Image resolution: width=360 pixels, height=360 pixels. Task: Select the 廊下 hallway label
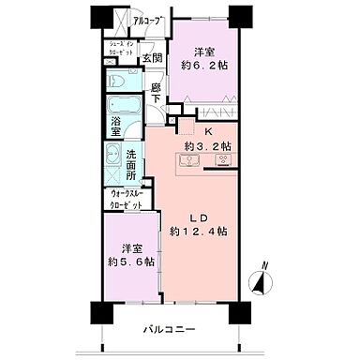(157, 92)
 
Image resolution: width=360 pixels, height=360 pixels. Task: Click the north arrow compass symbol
(262, 279)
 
